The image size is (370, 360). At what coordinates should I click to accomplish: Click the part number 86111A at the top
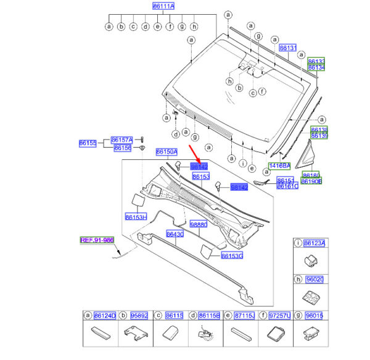pos(163,6)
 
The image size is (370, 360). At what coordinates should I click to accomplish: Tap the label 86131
pos(288,48)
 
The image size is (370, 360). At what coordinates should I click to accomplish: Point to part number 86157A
pos(121,140)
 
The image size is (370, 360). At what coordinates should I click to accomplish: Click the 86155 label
pos(87,143)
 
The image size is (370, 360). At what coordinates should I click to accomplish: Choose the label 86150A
pos(166,151)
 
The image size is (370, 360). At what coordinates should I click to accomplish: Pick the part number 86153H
pos(135,217)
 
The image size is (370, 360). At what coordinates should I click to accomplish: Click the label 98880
pos(199,225)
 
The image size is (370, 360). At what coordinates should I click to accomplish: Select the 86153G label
pos(232,256)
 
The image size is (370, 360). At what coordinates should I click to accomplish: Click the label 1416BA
pos(279,166)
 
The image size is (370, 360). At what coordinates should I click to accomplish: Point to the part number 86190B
pos(310,182)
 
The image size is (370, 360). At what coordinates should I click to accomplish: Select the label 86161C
pos(287,186)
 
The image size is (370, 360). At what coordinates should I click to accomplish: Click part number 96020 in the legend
pos(316,279)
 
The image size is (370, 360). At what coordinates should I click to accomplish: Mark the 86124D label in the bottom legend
pos(104,316)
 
